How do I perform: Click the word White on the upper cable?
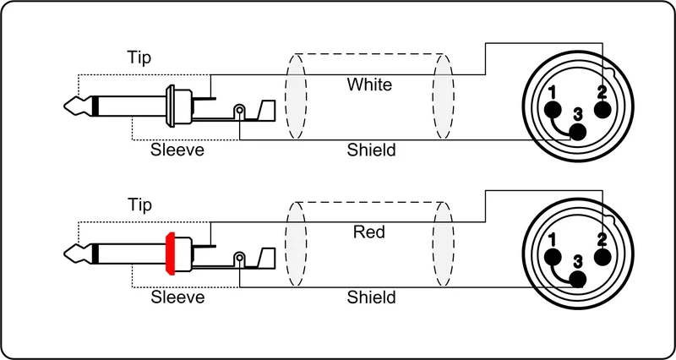[x=369, y=85]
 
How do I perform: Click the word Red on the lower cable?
[x=369, y=232]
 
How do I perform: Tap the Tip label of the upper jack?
[x=139, y=57]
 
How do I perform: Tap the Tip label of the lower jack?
[x=139, y=205]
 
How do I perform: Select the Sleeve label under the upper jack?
[x=177, y=150]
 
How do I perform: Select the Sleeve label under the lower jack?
[x=177, y=297]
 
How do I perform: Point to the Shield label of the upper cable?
[x=371, y=150]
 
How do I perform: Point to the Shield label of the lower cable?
[x=371, y=297]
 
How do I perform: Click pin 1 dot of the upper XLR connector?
[x=553, y=110]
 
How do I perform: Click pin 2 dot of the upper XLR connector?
[x=602, y=110]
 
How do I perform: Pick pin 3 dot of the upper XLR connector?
[x=578, y=133]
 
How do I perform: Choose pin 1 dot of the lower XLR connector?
[x=553, y=258]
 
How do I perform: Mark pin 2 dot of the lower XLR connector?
[x=602, y=258]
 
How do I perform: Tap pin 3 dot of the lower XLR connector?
[x=578, y=280]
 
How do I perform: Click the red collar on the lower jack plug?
[x=170, y=254]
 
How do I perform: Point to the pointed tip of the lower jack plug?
[x=65, y=254]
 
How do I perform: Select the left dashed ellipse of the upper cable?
[x=286, y=96]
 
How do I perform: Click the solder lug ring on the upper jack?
[x=239, y=112]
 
